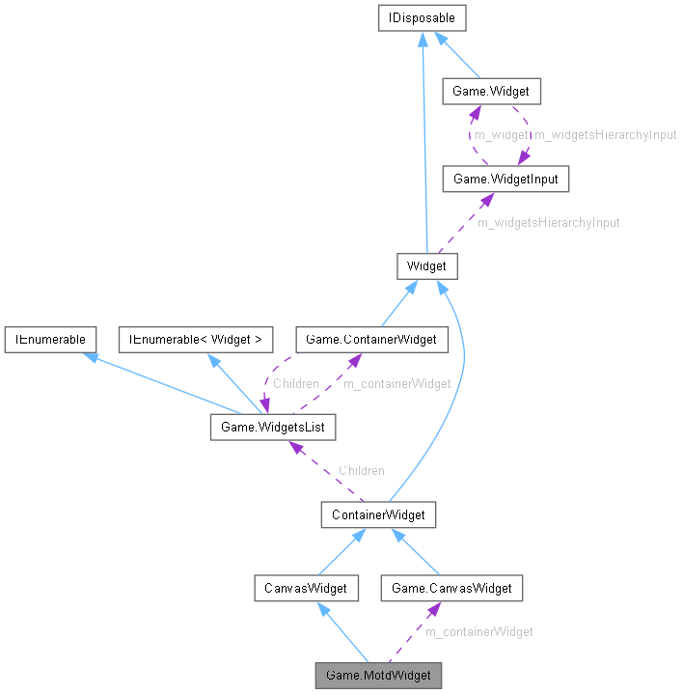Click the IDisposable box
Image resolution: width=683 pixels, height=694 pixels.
click(x=423, y=17)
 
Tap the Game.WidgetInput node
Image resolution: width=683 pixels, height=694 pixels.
click(x=499, y=179)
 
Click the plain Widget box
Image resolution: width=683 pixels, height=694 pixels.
click(x=426, y=266)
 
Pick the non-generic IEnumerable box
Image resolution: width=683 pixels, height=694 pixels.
click(x=49, y=340)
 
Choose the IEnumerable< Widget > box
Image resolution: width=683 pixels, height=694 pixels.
click(x=196, y=340)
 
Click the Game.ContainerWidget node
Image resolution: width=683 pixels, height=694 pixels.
click(x=371, y=340)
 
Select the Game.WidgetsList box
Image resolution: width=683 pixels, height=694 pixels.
click(x=273, y=426)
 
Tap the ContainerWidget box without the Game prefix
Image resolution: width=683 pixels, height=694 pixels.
click(x=378, y=514)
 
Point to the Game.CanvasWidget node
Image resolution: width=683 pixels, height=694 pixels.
click(x=451, y=587)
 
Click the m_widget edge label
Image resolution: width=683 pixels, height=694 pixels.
click(x=502, y=135)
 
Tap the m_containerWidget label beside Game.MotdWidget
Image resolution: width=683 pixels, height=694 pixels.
click(x=478, y=631)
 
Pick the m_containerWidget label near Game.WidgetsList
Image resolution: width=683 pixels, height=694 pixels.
click(x=397, y=383)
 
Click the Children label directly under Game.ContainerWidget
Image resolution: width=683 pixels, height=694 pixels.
click(x=295, y=383)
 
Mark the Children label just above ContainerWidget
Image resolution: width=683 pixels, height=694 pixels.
click(x=361, y=470)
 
